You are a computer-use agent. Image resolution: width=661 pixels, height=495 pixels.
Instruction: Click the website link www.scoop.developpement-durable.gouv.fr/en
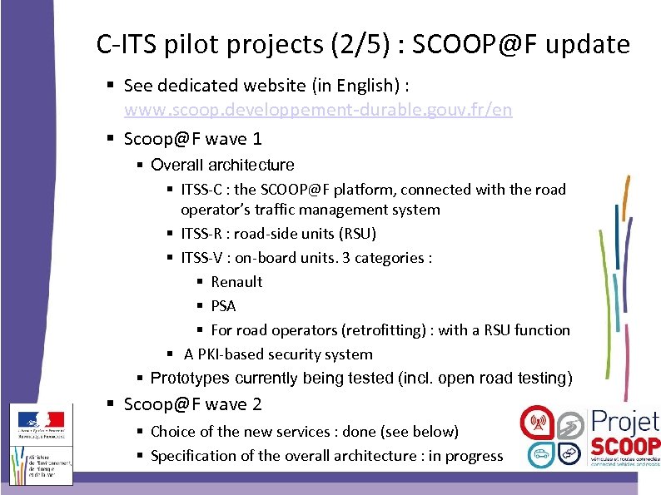click(x=318, y=110)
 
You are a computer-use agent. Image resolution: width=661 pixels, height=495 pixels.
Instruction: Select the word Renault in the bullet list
click(x=236, y=282)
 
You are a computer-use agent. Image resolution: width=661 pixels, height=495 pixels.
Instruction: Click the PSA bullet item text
click(x=223, y=306)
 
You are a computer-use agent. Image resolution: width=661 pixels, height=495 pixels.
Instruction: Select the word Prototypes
click(x=190, y=379)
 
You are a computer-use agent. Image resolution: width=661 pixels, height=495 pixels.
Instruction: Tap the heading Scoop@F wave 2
click(x=192, y=405)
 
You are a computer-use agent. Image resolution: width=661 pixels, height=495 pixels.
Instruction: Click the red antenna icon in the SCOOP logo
click(x=537, y=423)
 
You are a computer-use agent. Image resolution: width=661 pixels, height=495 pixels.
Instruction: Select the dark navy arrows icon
click(x=569, y=453)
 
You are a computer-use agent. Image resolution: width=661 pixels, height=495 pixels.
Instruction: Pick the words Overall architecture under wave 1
click(x=222, y=165)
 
